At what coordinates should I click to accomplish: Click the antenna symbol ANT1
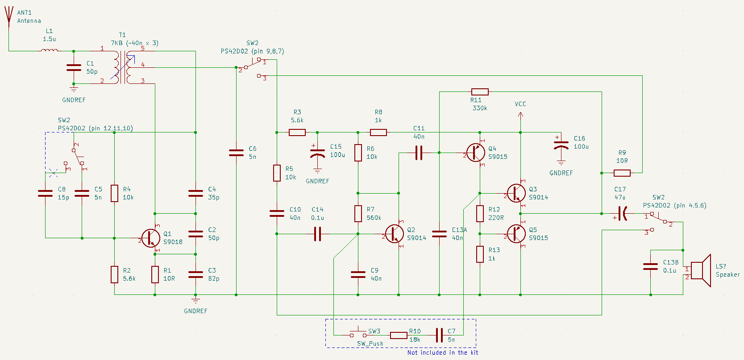(x=8, y=18)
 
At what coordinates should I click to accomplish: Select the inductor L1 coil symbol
(x=49, y=50)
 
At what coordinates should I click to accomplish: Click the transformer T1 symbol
(x=123, y=67)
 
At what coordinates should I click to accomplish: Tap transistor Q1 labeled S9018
(x=150, y=238)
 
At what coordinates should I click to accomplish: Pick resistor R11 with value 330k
(x=480, y=92)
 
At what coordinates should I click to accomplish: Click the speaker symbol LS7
(x=701, y=271)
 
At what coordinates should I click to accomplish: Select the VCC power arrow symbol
(x=520, y=115)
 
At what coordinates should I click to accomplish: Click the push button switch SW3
(x=358, y=334)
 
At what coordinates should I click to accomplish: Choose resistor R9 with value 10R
(x=622, y=173)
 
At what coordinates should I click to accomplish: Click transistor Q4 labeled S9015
(x=475, y=153)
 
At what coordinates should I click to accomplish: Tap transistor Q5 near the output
(x=516, y=234)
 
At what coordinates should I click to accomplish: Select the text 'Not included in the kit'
(x=442, y=352)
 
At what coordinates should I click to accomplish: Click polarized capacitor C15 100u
(x=317, y=153)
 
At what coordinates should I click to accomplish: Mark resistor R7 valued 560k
(x=358, y=214)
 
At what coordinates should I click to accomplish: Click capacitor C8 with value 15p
(x=45, y=193)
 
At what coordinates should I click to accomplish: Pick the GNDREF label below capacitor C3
(x=195, y=311)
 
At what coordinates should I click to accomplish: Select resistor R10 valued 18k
(x=399, y=335)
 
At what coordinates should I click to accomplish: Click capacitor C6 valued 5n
(x=236, y=153)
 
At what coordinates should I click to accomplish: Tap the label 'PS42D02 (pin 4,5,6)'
(x=674, y=205)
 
